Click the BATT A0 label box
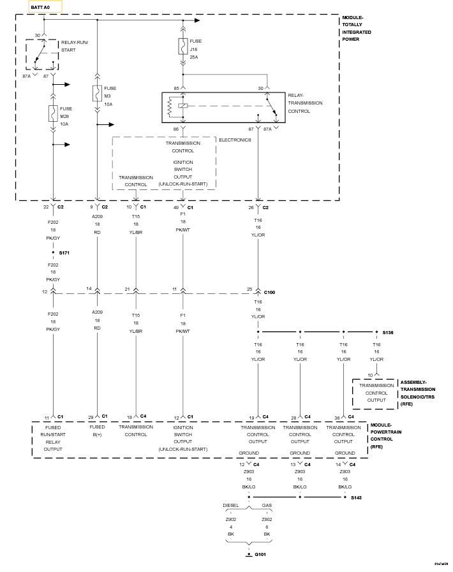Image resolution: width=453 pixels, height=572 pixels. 45,7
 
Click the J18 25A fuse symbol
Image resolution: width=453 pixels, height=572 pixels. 183,46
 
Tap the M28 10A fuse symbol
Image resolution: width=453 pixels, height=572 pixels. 53,114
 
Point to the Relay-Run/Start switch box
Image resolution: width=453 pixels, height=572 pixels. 41,54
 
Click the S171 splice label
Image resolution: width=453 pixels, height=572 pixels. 65,253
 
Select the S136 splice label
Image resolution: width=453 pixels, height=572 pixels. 389,332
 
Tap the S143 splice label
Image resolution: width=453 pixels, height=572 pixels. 357,497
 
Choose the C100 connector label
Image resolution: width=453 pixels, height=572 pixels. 270,291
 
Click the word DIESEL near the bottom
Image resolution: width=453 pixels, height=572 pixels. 231,505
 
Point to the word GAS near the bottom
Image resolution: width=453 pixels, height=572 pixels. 267,505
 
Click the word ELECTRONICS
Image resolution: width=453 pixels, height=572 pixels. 235,140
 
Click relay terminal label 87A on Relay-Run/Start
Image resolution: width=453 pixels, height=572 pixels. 27,76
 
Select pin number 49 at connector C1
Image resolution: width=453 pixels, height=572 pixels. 175,207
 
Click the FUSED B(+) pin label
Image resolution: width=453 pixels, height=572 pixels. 98,430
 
